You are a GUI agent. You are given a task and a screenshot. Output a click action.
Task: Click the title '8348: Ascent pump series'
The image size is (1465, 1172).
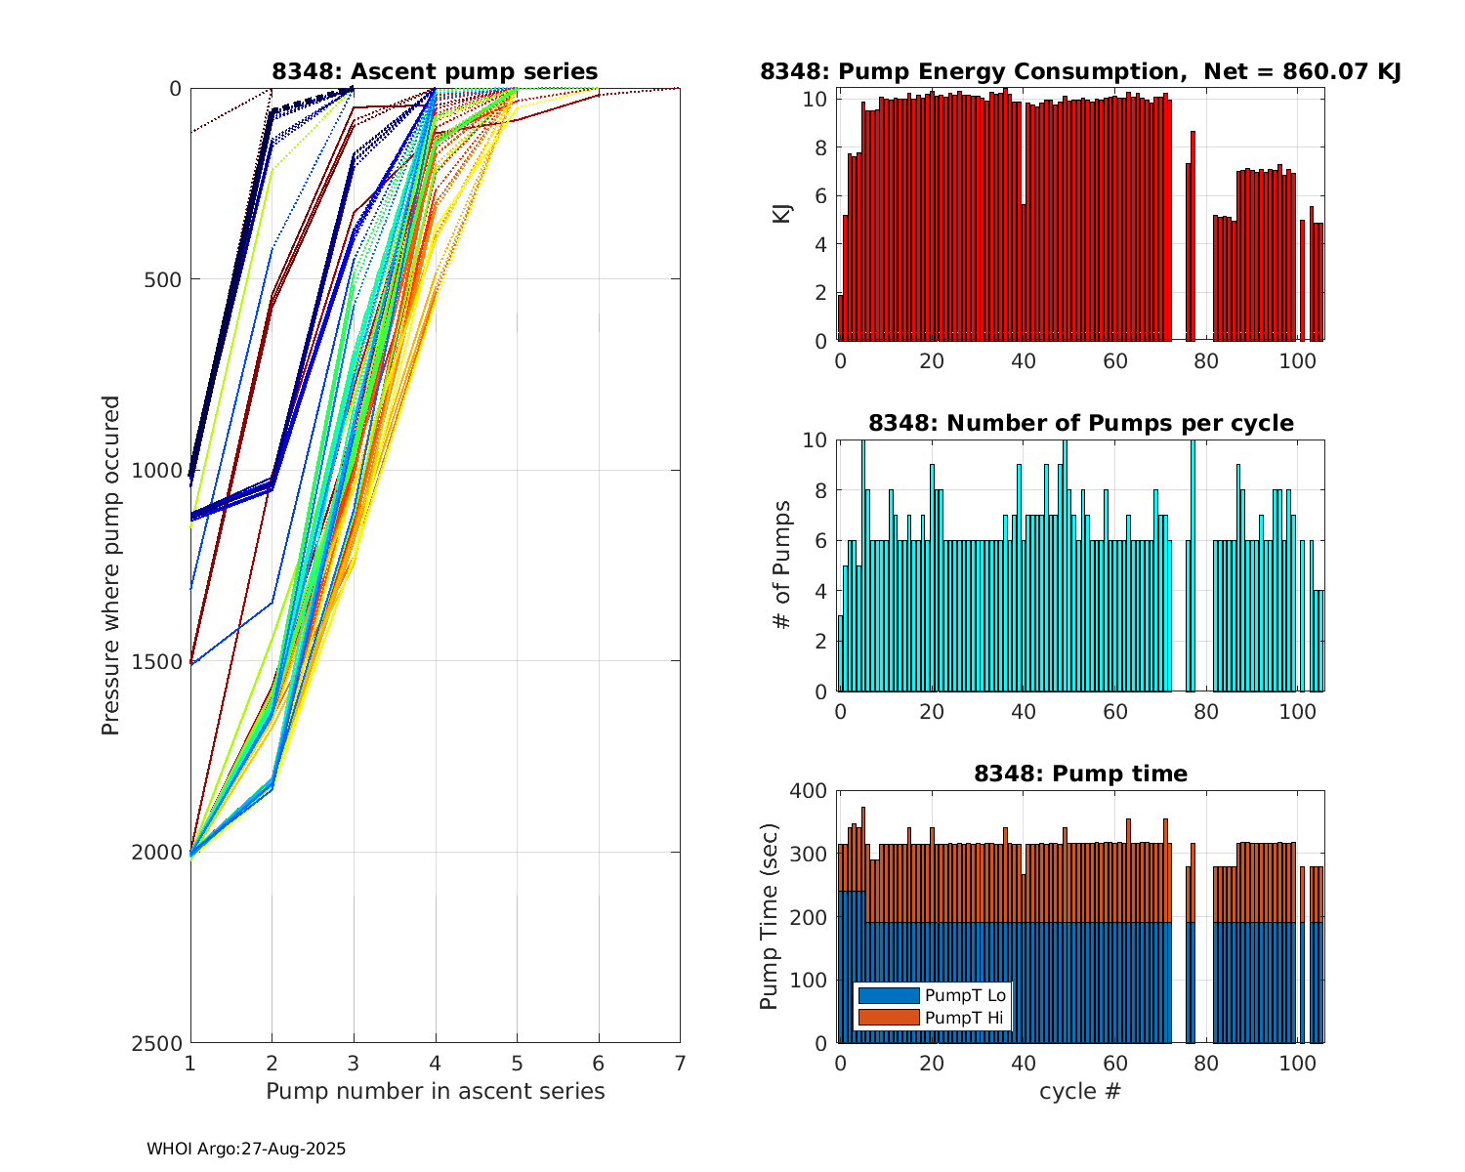435,71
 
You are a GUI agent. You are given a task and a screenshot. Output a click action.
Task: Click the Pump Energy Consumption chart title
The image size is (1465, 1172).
1080,71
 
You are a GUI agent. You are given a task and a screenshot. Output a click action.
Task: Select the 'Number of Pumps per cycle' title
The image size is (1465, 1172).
1080,423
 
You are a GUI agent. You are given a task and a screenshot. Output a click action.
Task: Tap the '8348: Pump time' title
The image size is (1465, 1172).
1080,774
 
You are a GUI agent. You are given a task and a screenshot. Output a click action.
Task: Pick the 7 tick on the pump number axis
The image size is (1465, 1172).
680,1063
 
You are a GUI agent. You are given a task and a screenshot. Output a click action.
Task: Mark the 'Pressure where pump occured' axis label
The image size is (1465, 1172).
111,565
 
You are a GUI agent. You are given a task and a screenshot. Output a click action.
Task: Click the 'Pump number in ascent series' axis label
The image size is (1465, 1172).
435,1091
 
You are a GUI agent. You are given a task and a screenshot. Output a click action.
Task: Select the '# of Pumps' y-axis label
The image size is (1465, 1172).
782,565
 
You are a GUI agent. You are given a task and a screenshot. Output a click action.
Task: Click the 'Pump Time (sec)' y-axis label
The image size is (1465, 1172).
770,917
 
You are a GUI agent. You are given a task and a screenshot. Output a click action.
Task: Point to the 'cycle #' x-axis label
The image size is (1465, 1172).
1080,1091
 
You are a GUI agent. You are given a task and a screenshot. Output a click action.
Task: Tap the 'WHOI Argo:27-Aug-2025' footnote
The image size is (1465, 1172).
246,1150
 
